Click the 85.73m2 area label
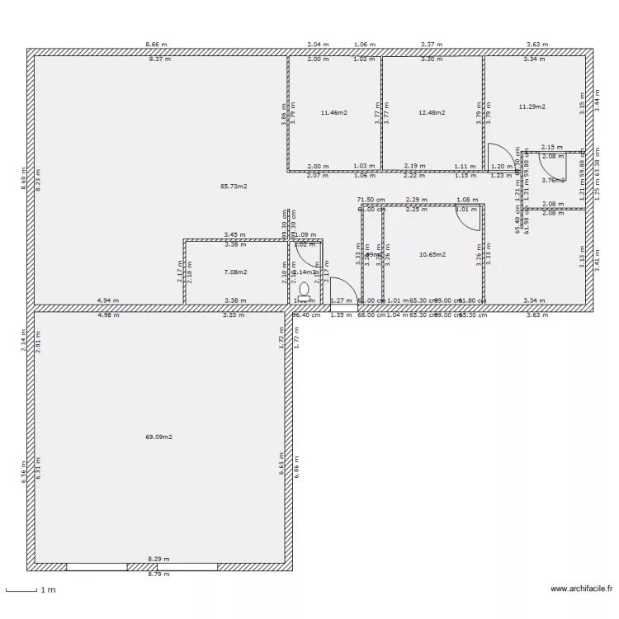(x=234, y=187)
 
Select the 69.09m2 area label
(x=158, y=437)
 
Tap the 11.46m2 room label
(x=333, y=112)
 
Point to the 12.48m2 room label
(x=432, y=112)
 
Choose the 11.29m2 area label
(x=532, y=106)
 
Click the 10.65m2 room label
(x=432, y=255)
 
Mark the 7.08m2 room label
(x=235, y=272)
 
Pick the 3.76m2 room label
(x=553, y=180)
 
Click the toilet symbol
(x=304, y=290)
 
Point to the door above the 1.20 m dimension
(x=499, y=155)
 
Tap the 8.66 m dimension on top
(x=156, y=45)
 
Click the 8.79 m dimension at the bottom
(x=158, y=574)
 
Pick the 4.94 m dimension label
(x=108, y=301)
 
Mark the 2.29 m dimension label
(x=417, y=199)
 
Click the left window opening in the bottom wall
(x=97, y=567)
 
